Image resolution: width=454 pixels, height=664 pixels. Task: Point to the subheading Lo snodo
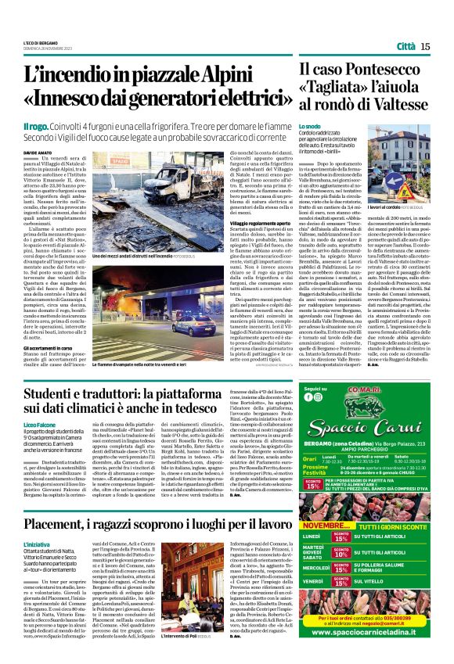(309, 125)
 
